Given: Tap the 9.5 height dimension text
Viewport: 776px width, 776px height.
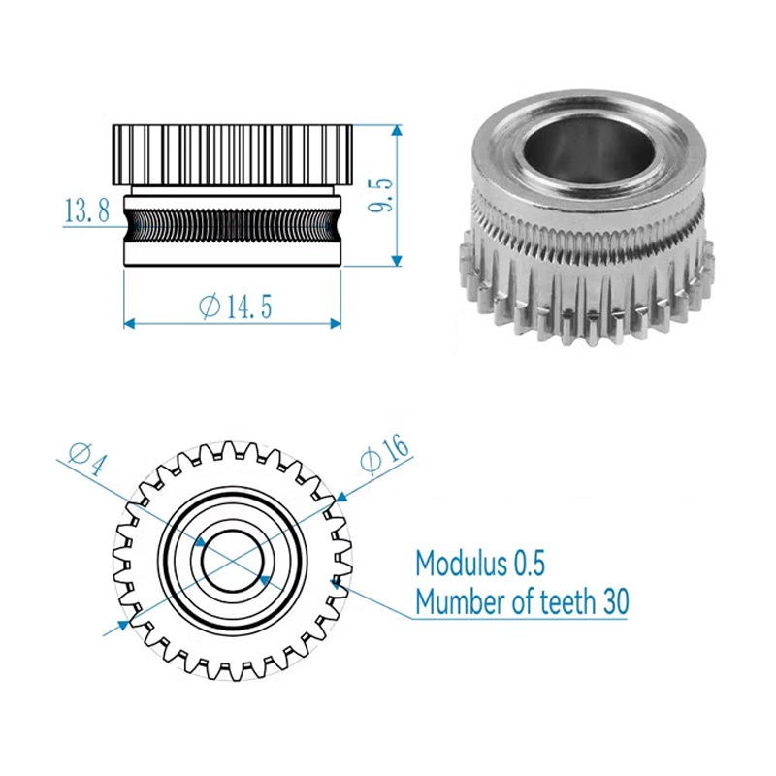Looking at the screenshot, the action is click(380, 195).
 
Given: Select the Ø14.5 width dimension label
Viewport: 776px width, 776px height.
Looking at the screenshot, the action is click(236, 307).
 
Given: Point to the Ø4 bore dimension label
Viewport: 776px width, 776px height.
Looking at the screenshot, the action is click(87, 459).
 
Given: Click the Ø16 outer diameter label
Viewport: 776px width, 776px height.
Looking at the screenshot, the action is click(385, 453).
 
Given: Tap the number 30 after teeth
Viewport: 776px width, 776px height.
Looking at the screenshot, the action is click(616, 601).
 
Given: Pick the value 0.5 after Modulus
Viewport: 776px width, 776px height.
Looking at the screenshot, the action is click(530, 564).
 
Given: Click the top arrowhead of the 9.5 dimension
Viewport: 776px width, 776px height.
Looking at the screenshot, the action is click(397, 130).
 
